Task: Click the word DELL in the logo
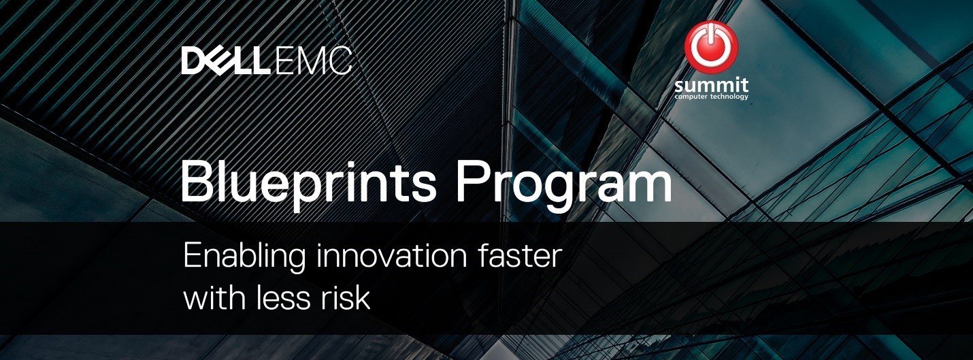(223, 61)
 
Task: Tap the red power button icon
(711, 47)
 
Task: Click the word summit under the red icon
(712, 85)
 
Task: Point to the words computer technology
(712, 97)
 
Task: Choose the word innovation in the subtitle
(391, 256)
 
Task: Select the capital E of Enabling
(193, 256)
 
